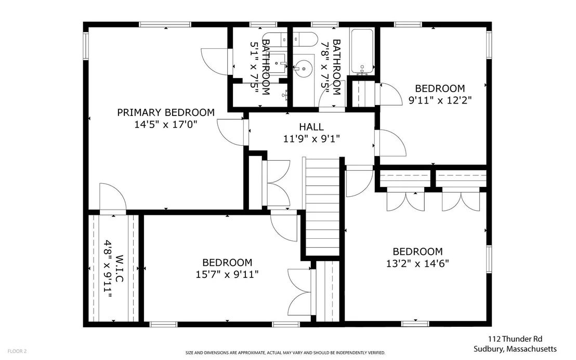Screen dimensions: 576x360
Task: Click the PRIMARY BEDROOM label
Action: click(166, 112)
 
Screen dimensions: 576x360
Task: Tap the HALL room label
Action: click(311, 127)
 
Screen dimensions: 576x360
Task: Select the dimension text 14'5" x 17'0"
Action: click(166, 125)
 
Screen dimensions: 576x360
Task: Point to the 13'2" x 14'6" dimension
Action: click(417, 264)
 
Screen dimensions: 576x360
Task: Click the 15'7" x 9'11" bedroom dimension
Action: click(227, 275)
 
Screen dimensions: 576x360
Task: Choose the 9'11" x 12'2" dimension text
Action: click(440, 100)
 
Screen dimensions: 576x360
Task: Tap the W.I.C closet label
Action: click(119, 268)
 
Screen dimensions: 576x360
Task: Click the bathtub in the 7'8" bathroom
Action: click(362, 52)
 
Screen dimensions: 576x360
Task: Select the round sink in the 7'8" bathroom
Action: click(304, 68)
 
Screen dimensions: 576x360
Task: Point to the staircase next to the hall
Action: click(322, 207)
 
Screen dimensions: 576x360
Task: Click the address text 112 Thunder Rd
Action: click(515, 339)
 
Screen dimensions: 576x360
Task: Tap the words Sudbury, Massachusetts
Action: click(515, 349)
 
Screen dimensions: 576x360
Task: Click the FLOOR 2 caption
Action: click(17, 351)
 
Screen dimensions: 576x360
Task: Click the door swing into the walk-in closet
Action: click(113, 197)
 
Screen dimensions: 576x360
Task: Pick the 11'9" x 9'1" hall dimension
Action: click(311, 139)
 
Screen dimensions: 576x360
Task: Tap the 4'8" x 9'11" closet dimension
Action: click(107, 268)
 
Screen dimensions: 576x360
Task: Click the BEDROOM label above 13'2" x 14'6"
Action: click(417, 251)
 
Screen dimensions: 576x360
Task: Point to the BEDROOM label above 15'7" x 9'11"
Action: click(227, 263)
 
